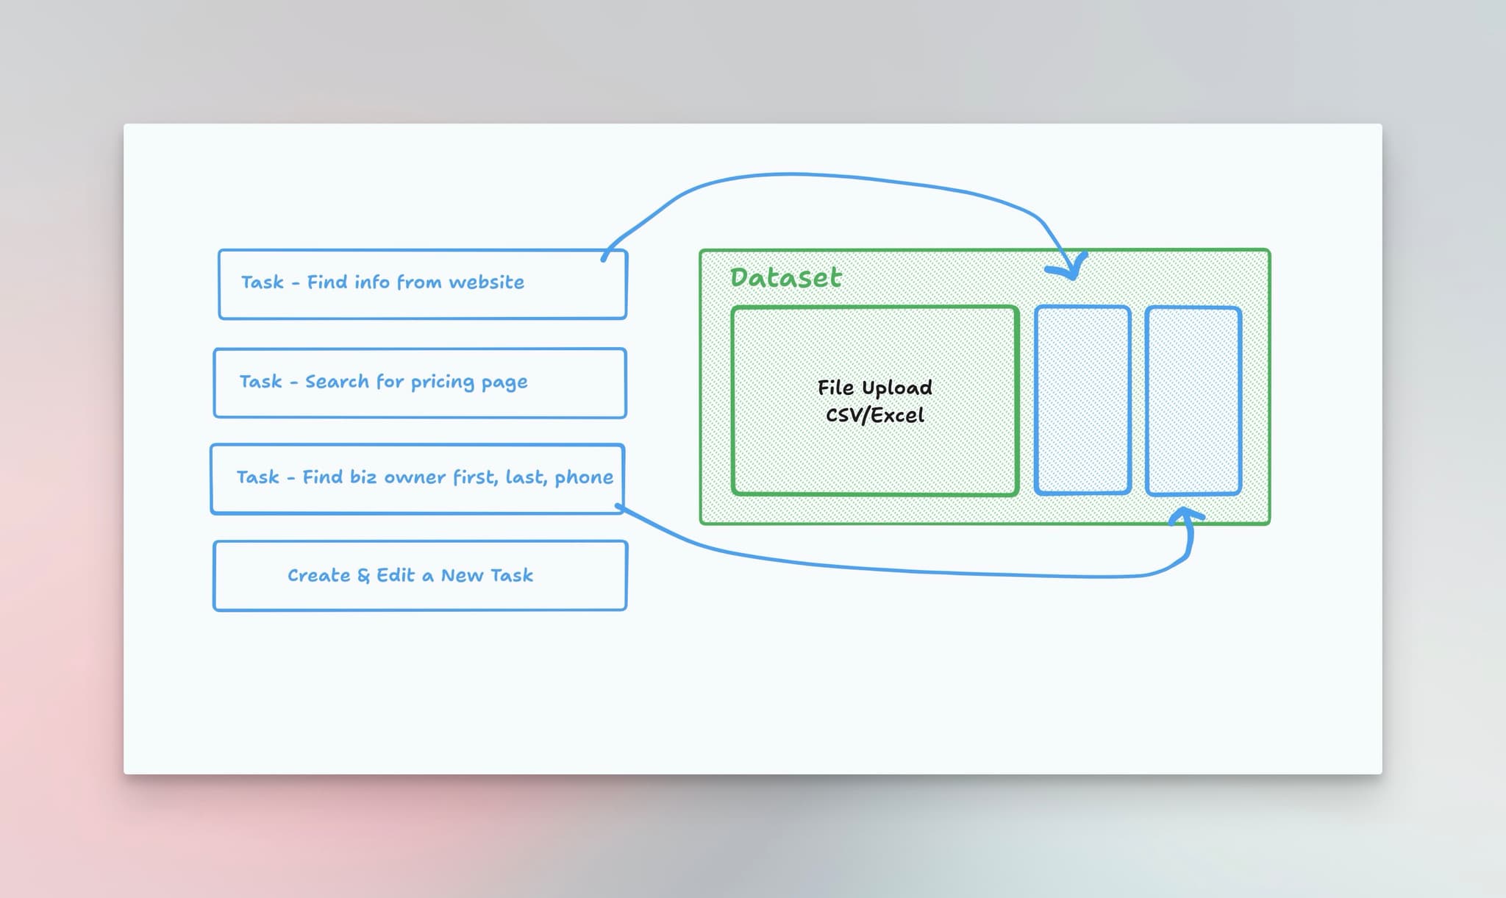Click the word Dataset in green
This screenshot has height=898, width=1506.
(x=785, y=277)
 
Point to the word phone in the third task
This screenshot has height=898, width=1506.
(x=583, y=478)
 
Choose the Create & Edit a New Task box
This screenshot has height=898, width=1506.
(x=420, y=575)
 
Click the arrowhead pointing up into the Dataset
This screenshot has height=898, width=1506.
(x=1184, y=516)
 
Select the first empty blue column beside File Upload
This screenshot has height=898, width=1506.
(x=1082, y=400)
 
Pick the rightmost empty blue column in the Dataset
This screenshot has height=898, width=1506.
(x=1193, y=400)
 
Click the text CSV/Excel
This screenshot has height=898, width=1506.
(x=874, y=416)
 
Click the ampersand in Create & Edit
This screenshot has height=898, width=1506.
(x=363, y=576)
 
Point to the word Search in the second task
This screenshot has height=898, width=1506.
(x=337, y=382)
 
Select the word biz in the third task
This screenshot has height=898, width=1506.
(x=363, y=477)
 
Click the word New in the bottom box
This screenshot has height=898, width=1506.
(x=462, y=576)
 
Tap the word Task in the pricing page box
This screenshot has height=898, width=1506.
(x=260, y=382)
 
